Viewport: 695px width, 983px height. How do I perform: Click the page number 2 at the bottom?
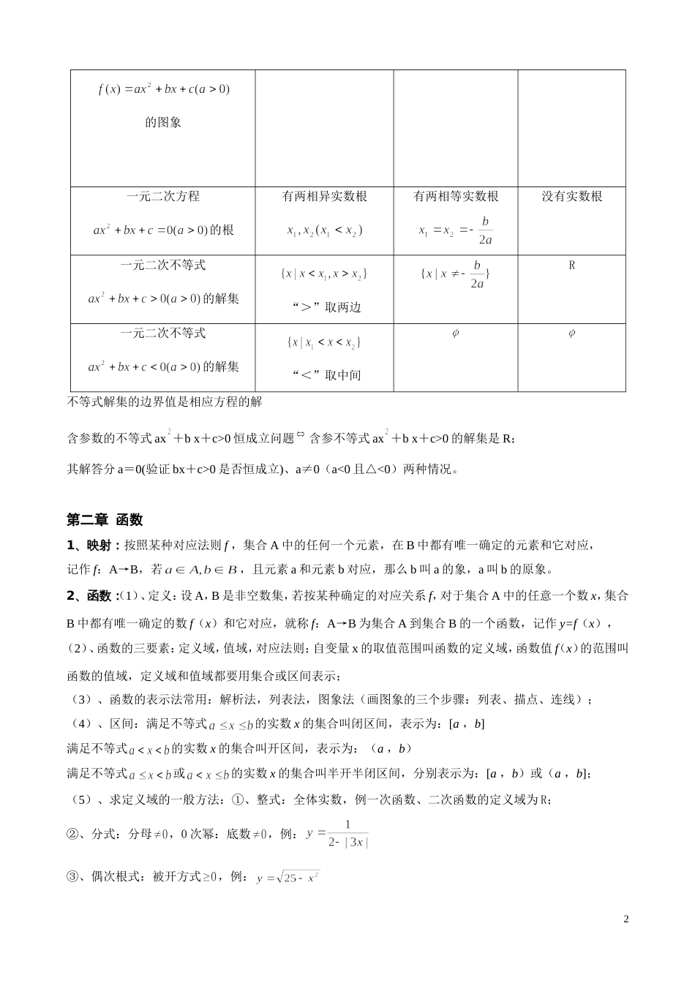pyautogui.click(x=625, y=919)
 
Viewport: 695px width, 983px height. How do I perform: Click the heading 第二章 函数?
pyautogui.click(x=105, y=520)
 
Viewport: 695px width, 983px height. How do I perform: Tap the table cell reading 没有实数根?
pyautogui.click(x=571, y=196)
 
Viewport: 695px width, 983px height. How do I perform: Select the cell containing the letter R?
pyautogui.click(x=571, y=265)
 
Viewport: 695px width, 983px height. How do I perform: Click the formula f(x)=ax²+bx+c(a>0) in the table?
pyautogui.click(x=163, y=89)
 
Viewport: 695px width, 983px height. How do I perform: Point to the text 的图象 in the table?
pyautogui.click(x=163, y=122)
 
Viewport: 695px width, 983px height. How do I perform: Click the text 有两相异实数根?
pyautogui.click(x=324, y=196)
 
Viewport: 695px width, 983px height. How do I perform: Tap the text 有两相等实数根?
pyautogui.click(x=456, y=196)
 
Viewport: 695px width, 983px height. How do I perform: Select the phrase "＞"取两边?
pyautogui.click(x=324, y=307)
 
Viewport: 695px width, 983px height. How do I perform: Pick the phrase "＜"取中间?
pyautogui.click(x=324, y=375)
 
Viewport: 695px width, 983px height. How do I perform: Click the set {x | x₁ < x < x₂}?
pyautogui.click(x=324, y=342)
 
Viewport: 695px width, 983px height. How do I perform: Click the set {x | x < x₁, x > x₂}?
pyautogui.click(x=324, y=274)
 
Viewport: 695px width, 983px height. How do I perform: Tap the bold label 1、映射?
pyautogui.click(x=93, y=545)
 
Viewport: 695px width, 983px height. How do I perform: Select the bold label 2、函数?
pyautogui.click(x=93, y=596)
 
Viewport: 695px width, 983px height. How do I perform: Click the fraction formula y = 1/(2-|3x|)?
pyautogui.click(x=338, y=834)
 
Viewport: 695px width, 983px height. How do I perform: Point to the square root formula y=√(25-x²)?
pyautogui.click(x=288, y=878)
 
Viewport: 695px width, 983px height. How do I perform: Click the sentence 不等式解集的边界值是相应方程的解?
pyautogui.click(x=164, y=402)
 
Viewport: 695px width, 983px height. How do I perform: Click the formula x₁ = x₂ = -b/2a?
pyautogui.click(x=456, y=230)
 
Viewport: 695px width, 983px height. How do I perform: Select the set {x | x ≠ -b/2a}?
pyautogui.click(x=456, y=274)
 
